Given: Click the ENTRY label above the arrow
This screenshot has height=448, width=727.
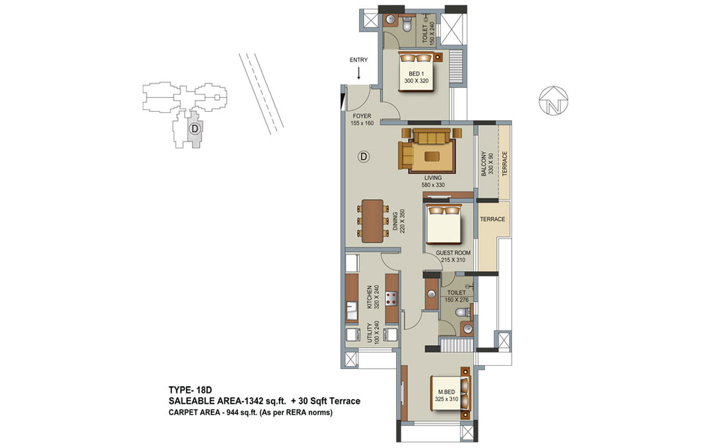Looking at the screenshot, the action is pos(358,60).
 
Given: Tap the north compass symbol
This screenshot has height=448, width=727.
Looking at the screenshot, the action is pos(553,100).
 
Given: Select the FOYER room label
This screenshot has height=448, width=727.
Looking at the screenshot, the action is pos(362,116).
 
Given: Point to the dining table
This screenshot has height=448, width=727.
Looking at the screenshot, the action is pos(373,220).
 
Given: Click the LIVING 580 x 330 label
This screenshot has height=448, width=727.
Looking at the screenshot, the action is pos(432,181).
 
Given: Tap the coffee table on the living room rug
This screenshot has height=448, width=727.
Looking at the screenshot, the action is pos(432,156).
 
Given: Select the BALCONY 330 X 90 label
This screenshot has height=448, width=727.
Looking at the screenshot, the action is pos(487,163).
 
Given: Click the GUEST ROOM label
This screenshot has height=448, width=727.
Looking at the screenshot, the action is pos(453,253).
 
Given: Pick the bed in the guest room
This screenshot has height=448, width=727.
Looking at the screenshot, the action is pos(444,224).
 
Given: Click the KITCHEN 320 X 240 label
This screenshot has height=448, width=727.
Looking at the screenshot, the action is pos(373,297).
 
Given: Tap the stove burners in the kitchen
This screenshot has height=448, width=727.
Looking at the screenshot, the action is pos(392,298).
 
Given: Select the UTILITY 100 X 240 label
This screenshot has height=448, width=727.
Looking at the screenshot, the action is pos(373,333).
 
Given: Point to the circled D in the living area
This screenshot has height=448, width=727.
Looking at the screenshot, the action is pos(364,157).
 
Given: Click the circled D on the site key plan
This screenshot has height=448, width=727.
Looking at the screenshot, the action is pos(195,128).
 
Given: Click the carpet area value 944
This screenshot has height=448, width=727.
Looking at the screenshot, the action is pos(232,412).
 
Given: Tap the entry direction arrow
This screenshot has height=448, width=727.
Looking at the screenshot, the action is pos(358,73).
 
